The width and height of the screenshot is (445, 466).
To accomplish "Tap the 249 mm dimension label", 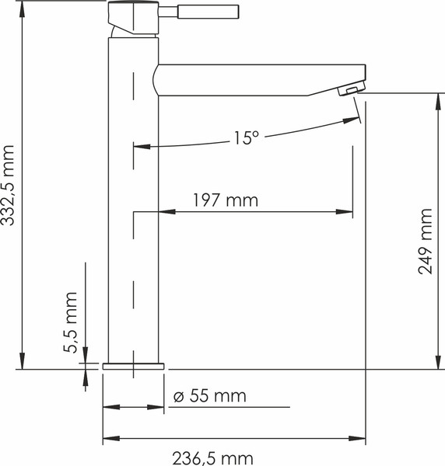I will (x=426, y=241).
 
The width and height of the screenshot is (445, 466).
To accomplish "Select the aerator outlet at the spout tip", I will (x=352, y=91).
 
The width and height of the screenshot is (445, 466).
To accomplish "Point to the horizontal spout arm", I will (x=257, y=78).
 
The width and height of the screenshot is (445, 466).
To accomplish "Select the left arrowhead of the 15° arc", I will (x=141, y=145).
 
